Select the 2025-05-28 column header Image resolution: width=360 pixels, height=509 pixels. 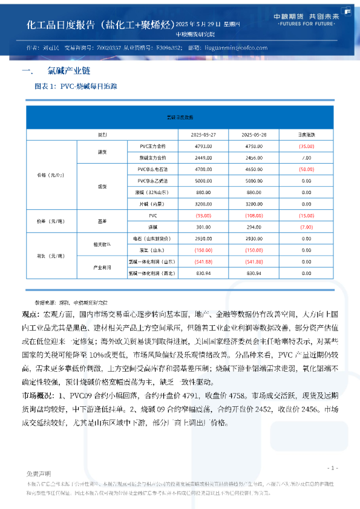pos(252,134)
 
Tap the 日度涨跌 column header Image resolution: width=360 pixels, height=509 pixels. pos(306,134)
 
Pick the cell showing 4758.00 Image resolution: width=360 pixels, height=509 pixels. pos(252,146)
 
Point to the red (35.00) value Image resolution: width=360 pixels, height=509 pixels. pos(306,146)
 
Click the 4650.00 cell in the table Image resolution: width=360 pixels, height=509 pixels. pos(252,169)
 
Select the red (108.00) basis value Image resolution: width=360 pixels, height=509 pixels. pos(252,215)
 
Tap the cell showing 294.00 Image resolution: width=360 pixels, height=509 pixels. pos(252,227)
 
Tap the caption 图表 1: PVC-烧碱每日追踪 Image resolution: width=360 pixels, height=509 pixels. pos(76,87)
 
